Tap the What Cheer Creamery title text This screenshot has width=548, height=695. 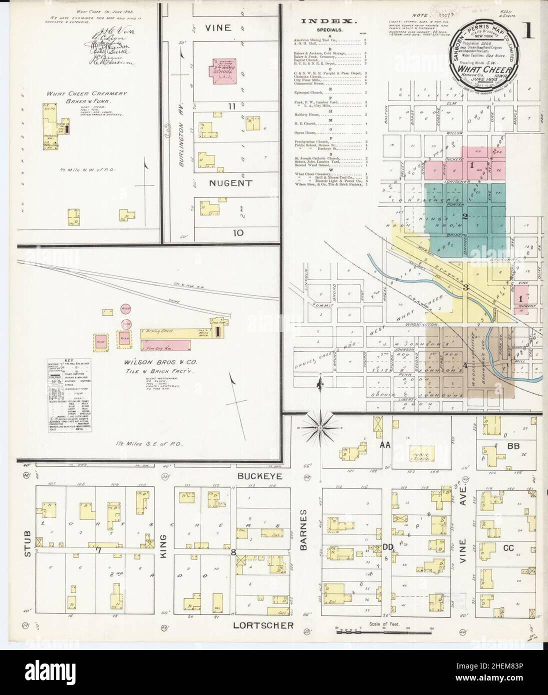coord(87,93)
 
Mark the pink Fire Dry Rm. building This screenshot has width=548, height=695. coord(165,345)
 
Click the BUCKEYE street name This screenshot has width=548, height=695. coord(257,477)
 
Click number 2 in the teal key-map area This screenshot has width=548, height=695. coord(465,217)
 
